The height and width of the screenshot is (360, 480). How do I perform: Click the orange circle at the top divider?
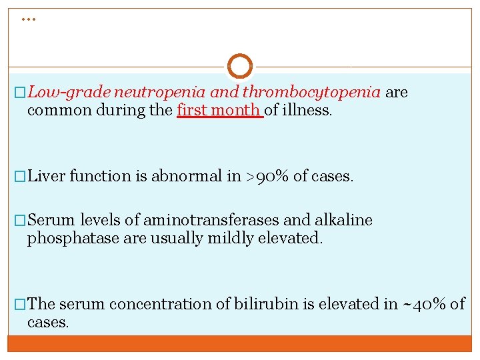click(240, 66)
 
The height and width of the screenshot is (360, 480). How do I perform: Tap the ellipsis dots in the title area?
click(27, 19)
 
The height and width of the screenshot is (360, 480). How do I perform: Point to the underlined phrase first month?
click(219, 111)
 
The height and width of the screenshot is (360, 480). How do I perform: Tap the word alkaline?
click(345, 220)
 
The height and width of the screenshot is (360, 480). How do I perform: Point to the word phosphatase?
click(73, 239)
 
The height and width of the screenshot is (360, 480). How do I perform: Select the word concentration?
click(169, 304)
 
